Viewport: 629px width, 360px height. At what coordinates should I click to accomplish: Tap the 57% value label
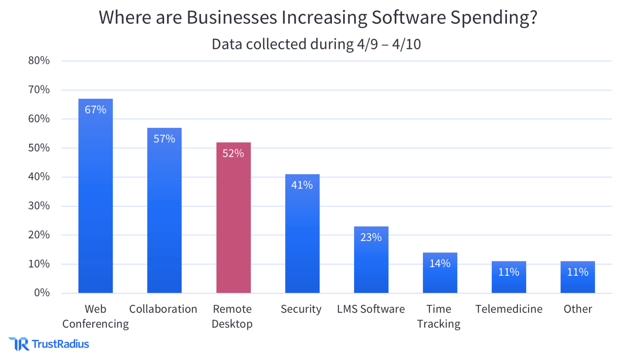[x=164, y=139]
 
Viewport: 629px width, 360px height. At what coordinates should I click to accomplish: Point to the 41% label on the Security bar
[x=302, y=185]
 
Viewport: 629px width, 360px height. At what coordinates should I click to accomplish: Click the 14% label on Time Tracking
[x=440, y=263]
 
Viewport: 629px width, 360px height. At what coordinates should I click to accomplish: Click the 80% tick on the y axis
[x=39, y=60]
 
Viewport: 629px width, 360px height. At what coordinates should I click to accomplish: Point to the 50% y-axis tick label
[x=39, y=148]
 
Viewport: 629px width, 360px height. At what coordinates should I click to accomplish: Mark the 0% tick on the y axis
[x=42, y=292]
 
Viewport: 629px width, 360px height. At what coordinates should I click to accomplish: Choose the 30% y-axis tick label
[x=39, y=206]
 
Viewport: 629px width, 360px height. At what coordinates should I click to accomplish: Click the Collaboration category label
[x=163, y=309]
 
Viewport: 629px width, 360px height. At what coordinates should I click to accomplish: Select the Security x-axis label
[x=301, y=309]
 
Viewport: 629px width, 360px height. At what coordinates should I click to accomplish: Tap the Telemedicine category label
[x=509, y=309]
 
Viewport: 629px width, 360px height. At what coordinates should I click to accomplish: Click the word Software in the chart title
[x=409, y=17]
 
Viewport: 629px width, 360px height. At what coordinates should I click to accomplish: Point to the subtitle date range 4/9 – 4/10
[x=389, y=44]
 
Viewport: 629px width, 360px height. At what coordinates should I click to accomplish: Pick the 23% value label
[x=371, y=237]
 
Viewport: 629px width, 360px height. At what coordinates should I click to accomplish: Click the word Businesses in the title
[x=232, y=17]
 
